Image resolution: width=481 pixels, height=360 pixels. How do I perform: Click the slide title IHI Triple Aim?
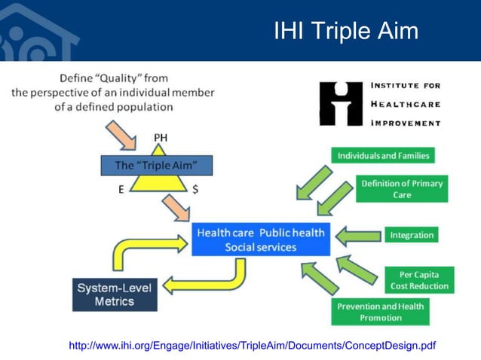pyautogui.click(x=345, y=31)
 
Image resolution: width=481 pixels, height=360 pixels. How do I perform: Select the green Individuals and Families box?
pyautogui.click(x=383, y=155)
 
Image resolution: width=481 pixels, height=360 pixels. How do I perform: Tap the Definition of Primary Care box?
pyautogui.click(x=402, y=189)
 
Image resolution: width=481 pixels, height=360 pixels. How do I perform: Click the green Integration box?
pyautogui.click(x=412, y=235)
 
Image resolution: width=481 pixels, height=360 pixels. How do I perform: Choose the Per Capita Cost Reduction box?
pyautogui.click(x=419, y=279)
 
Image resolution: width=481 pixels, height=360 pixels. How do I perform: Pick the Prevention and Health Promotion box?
pyautogui.click(x=380, y=312)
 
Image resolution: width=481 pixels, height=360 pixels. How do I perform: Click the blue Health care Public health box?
pyautogui.click(x=260, y=239)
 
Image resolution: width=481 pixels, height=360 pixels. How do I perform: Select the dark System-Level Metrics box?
pyautogui.click(x=115, y=294)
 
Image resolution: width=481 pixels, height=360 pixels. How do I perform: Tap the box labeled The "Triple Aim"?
pyautogui.click(x=157, y=165)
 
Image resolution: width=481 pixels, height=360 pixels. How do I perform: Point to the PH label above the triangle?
pyautogui.click(x=161, y=137)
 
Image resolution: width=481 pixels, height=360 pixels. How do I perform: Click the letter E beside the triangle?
pyautogui.click(x=121, y=190)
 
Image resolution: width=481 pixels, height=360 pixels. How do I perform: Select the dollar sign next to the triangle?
pyautogui.click(x=195, y=190)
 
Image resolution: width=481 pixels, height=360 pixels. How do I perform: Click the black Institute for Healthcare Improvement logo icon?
pyautogui.click(x=341, y=104)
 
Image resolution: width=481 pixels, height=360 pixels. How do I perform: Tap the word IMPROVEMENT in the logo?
pyautogui.click(x=406, y=123)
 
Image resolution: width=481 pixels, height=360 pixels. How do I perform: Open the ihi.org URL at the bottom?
pyautogui.click(x=252, y=346)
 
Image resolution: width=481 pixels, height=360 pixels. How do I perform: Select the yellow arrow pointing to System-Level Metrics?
pyautogui.click(x=207, y=280)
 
